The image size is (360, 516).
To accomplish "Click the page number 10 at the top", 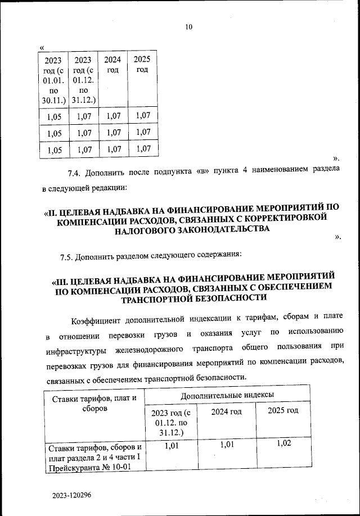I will click(188, 27).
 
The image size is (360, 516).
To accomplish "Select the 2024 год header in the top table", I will click(112, 65).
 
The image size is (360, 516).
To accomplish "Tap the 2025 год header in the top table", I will click(142, 64).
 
